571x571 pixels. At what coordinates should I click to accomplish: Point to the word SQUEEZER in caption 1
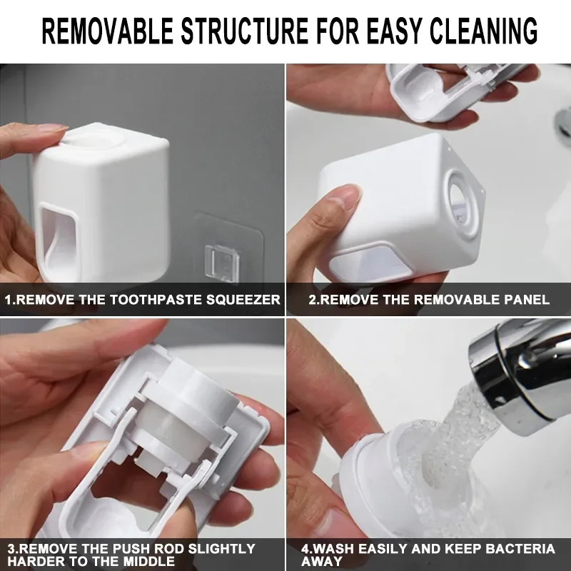point(243,299)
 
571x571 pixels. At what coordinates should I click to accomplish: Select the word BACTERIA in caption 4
point(520,548)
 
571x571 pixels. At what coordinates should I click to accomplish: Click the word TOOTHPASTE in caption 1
point(156,299)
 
